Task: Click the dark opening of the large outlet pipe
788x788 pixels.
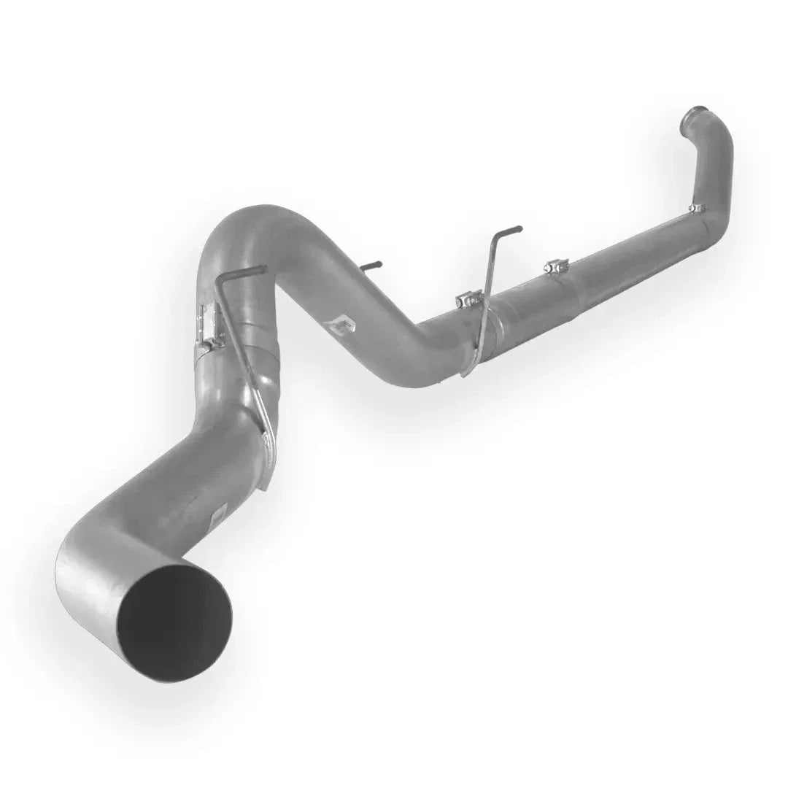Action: click(174, 621)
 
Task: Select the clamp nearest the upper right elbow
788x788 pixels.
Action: click(698, 209)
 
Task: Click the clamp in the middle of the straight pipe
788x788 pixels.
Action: click(557, 267)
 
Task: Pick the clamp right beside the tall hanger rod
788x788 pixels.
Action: click(469, 299)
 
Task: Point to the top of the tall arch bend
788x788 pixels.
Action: click(248, 215)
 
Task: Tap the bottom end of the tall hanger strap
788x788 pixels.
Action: click(464, 372)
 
